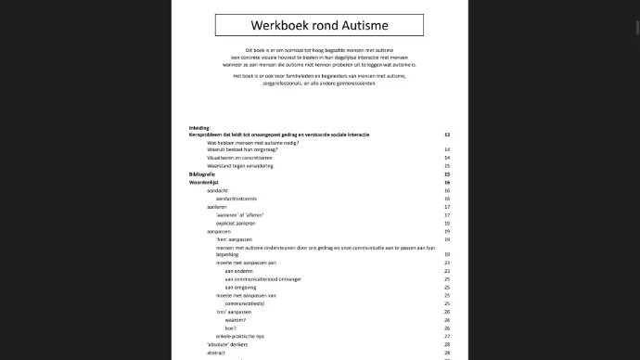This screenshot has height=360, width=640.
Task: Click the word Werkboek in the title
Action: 283,25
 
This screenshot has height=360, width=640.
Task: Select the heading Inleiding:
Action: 199,128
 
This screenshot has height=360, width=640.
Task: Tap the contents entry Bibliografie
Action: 202,174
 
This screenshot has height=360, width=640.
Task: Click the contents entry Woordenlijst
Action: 203,183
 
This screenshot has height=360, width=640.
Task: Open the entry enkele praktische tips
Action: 239,336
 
